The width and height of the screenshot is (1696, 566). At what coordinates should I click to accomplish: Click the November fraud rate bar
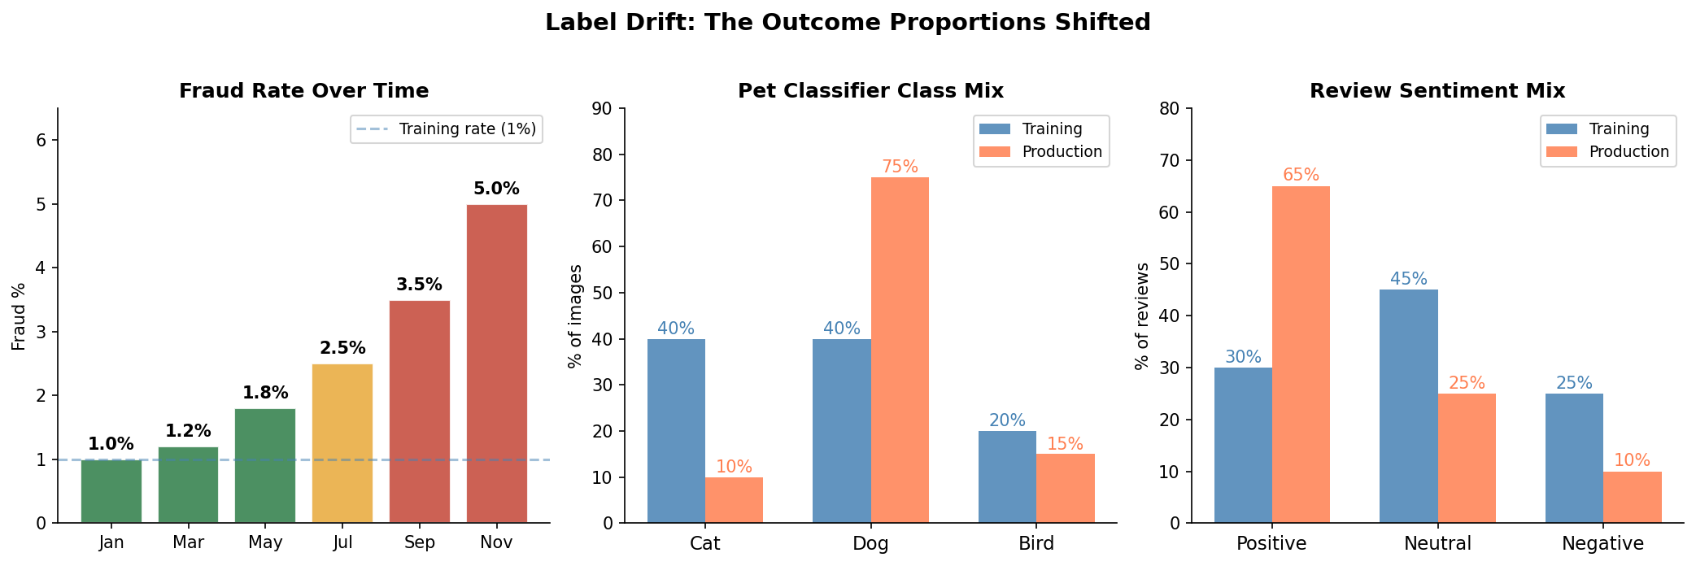496,364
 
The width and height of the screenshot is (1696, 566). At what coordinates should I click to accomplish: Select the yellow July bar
342,443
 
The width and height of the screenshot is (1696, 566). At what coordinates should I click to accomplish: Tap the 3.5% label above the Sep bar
419,285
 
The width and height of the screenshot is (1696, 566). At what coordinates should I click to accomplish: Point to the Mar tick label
188,542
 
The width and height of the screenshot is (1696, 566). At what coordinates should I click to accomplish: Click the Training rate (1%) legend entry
467,129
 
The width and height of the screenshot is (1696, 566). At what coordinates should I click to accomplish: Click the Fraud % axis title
19,316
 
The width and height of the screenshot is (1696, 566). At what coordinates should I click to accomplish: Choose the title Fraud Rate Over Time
303,91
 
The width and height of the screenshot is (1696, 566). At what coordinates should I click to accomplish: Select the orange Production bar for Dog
900,350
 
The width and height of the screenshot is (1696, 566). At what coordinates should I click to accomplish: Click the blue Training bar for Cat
676,430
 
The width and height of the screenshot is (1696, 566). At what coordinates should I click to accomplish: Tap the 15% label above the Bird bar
1065,445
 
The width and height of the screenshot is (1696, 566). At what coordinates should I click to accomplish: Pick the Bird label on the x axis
1036,543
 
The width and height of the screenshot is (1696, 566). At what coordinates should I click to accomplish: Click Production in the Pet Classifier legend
1062,152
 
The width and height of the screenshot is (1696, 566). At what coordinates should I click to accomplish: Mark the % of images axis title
575,316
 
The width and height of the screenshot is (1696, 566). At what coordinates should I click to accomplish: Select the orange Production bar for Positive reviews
1301,354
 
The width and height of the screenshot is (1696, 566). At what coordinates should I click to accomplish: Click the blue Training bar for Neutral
1408,406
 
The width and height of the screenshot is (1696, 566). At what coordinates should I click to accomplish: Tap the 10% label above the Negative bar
1632,461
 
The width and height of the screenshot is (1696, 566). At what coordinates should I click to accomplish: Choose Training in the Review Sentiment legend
1619,129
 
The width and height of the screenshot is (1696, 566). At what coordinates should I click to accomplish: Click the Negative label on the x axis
1602,543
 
